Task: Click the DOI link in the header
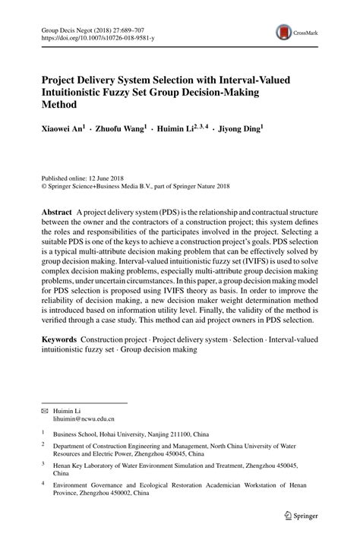[x=91, y=36]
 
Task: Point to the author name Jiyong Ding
[x=241, y=130]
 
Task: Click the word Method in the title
[x=61, y=106]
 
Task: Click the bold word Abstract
[x=57, y=210]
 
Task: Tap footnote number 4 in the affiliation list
[x=43, y=480]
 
